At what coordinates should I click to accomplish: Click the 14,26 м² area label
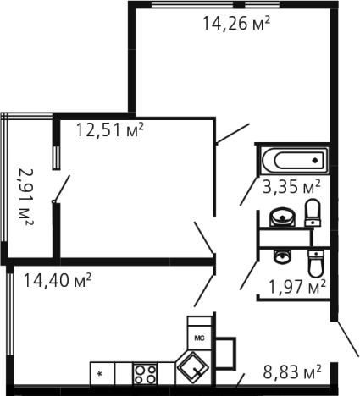pyautogui.click(x=236, y=23)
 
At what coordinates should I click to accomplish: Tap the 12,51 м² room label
pyautogui.click(x=110, y=129)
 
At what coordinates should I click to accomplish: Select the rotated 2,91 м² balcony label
pyautogui.click(x=26, y=197)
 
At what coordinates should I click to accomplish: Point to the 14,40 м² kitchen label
pyautogui.click(x=58, y=280)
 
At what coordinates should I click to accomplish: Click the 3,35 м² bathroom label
pyautogui.click(x=291, y=187)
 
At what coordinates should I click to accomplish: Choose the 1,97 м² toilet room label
pyautogui.click(x=297, y=287)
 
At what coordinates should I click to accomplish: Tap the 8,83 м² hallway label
pyautogui.click(x=292, y=371)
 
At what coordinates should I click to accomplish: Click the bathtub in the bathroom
pyautogui.click(x=295, y=161)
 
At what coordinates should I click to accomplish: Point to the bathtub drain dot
pyautogui.click(x=315, y=161)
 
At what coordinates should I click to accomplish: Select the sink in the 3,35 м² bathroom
pyautogui.click(x=282, y=217)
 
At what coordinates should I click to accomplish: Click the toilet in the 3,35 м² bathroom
pyautogui.click(x=313, y=212)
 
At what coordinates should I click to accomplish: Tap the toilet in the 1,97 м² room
pyautogui.click(x=316, y=263)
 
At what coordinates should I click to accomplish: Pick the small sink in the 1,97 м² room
pyautogui.click(x=282, y=256)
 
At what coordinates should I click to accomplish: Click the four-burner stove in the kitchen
pyautogui.click(x=145, y=374)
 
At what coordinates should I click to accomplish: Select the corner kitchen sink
pyautogui.click(x=192, y=368)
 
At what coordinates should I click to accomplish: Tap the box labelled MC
pyautogui.click(x=200, y=338)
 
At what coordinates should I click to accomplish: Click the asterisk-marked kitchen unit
pyautogui.click(x=102, y=374)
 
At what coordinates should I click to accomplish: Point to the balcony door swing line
pyautogui.click(x=62, y=188)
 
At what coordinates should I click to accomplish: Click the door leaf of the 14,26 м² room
pyautogui.click(x=233, y=133)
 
